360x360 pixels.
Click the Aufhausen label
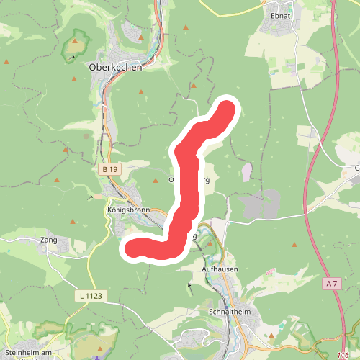click(219, 269)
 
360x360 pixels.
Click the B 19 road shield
click(108, 168)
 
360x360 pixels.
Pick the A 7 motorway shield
click(331, 284)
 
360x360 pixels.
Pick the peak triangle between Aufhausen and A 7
click(294, 246)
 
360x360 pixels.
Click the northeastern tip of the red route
click(227, 109)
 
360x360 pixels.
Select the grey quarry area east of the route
click(258, 206)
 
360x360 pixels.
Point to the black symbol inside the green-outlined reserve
click(73, 55)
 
